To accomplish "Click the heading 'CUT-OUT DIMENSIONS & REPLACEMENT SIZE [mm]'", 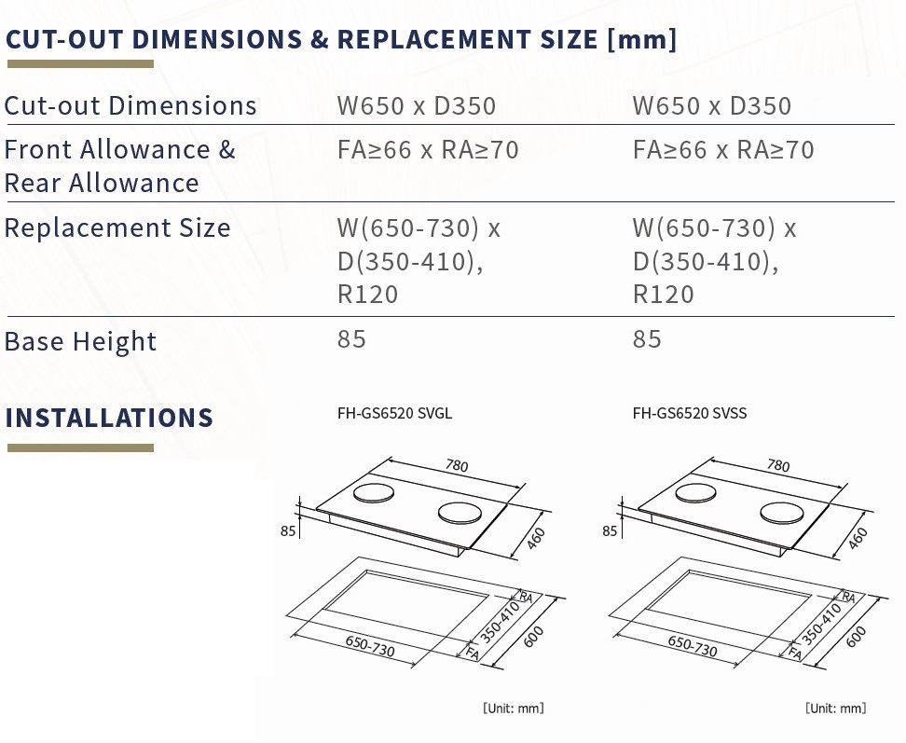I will pyautogui.click(x=340, y=39).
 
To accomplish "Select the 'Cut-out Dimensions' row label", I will pyautogui.click(x=130, y=105).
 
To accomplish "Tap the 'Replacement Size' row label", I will pyautogui.click(x=117, y=227).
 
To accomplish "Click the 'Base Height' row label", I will pyautogui.click(x=80, y=341).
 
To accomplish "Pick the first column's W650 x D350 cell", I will pyautogui.click(x=417, y=105).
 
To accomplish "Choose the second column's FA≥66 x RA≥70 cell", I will pyautogui.click(x=723, y=150).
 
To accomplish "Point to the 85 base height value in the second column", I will pyautogui.click(x=647, y=339).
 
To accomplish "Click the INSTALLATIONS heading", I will pyautogui.click(x=109, y=417).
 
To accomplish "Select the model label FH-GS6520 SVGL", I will pyautogui.click(x=394, y=413).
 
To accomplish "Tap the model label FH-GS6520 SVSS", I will pyautogui.click(x=689, y=413).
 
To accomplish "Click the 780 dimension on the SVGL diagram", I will pyautogui.click(x=456, y=465).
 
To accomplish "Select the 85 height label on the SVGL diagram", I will pyautogui.click(x=287, y=531).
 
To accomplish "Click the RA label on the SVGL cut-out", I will pyautogui.click(x=525, y=597).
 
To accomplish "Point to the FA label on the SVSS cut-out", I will pyautogui.click(x=794, y=654).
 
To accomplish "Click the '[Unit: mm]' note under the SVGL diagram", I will pyautogui.click(x=513, y=708).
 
